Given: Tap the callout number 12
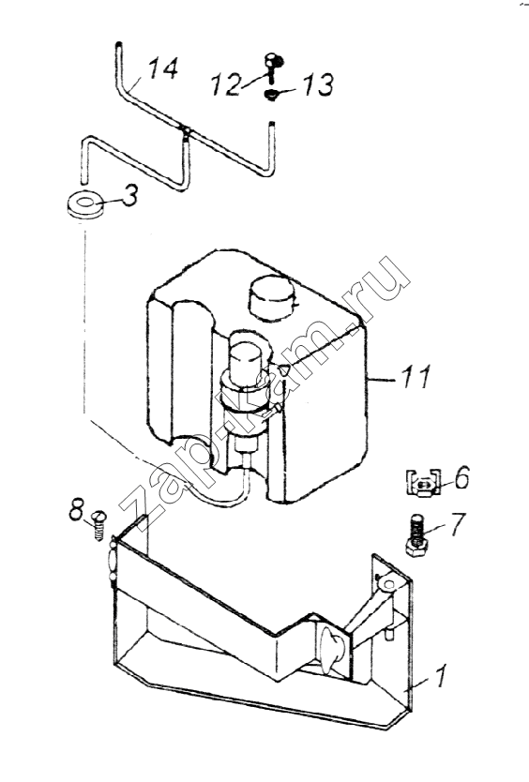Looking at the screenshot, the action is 225,84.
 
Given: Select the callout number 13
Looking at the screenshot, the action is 317,84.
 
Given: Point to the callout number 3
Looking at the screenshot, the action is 129,196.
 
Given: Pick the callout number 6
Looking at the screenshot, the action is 461,477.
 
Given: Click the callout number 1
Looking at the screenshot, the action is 440,675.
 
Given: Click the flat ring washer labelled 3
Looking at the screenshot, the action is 84,205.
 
